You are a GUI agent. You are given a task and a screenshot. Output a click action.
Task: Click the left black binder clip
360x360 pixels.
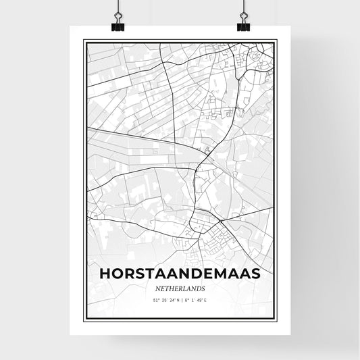(x=118, y=26)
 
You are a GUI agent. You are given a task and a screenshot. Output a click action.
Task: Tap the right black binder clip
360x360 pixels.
(x=243, y=26)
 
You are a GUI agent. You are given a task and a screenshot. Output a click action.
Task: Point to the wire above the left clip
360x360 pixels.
(x=118, y=8)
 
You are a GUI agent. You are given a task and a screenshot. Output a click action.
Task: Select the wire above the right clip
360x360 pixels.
(x=243, y=8)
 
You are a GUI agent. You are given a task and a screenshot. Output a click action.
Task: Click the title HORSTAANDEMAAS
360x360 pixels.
(x=179, y=274)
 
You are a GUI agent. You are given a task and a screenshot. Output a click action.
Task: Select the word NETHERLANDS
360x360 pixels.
(x=179, y=288)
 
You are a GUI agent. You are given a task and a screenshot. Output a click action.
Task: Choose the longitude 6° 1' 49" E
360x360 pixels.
(x=198, y=299)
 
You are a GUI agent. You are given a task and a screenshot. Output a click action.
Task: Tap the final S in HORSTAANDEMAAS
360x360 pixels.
(x=255, y=274)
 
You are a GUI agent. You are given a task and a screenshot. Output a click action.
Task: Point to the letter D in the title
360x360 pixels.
(x=195, y=274)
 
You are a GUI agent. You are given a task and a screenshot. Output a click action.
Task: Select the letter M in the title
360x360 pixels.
(x=219, y=274)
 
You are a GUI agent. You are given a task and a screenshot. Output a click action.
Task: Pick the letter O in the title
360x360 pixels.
(x=115, y=274)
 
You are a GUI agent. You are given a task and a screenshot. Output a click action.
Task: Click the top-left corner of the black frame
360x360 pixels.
(x=83, y=40)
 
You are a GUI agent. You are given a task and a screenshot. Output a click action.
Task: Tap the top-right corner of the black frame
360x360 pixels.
(x=276, y=40)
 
